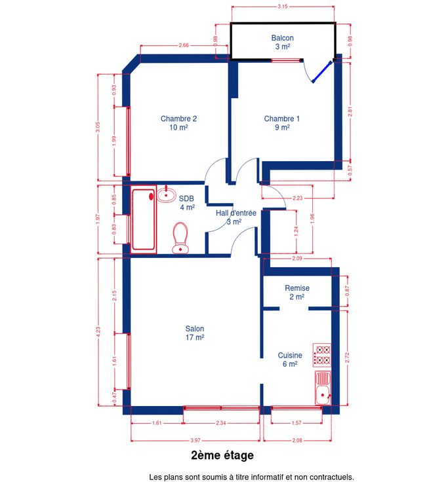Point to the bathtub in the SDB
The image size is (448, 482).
(144, 219)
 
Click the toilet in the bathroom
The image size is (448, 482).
(180, 238)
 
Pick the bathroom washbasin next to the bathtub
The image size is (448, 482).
(166, 194)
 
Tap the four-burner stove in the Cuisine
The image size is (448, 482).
(322, 355)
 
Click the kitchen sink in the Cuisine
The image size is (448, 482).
(323, 388)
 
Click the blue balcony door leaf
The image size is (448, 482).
(322, 72)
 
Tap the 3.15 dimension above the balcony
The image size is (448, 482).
(282, 6)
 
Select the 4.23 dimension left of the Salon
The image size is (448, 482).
(98, 331)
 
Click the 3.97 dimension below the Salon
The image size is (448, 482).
(195, 440)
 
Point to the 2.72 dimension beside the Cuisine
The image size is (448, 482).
(347, 358)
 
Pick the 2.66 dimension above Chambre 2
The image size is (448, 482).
(184, 45)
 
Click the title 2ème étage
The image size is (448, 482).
(222, 455)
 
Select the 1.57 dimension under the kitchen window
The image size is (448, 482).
(296, 423)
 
